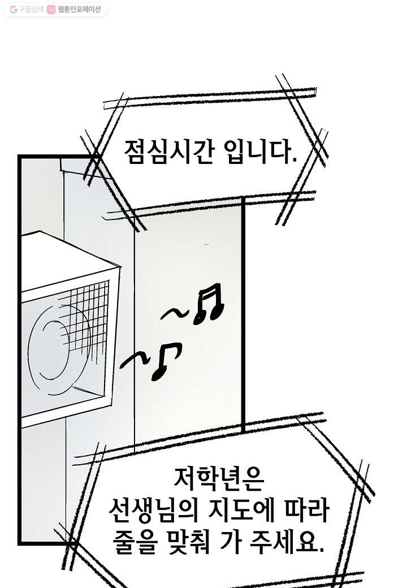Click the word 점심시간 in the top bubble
point(169,152)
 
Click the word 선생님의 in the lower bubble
point(153,511)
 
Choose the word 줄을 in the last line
point(133,542)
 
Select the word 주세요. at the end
point(288,542)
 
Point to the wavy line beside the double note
point(174,314)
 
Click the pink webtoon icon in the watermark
point(51,10)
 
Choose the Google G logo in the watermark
point(14,10)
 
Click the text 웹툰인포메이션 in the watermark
point(79,10)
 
